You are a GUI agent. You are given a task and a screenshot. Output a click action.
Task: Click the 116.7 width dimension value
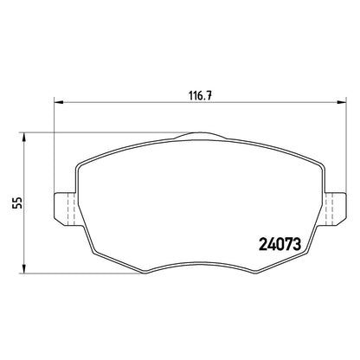point(201,95)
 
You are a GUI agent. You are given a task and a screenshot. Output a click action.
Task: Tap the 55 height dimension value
point(18,202)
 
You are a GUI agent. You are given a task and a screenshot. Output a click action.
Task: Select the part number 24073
point(280,245)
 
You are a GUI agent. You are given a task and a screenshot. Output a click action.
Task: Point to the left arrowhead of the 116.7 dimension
point(59,102)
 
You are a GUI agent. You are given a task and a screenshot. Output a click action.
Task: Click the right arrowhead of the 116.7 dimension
point(342,102)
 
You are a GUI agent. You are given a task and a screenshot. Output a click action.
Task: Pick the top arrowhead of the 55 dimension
point(24,137)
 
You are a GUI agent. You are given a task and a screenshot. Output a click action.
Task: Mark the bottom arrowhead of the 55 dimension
point(24,269)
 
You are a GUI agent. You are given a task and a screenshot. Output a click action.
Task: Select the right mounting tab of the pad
point(335,209)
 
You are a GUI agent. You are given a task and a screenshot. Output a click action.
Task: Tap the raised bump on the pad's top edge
point(200,135)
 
